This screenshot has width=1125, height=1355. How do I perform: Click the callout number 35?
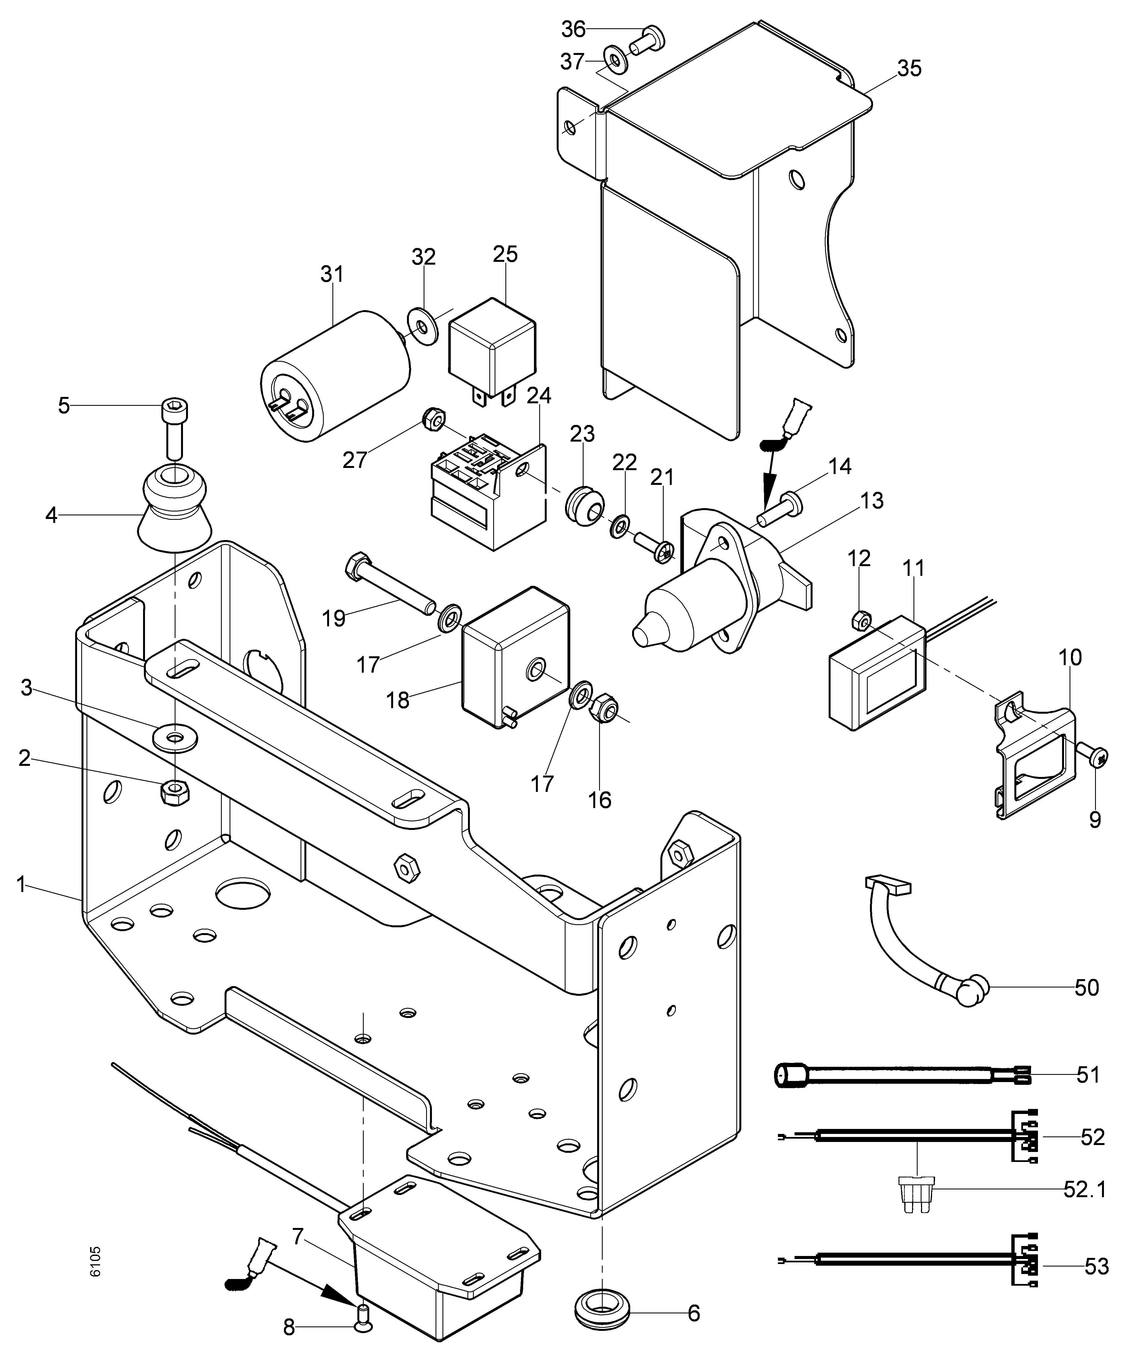point(909,69)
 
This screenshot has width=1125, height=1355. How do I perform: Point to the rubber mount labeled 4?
point(174,510)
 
